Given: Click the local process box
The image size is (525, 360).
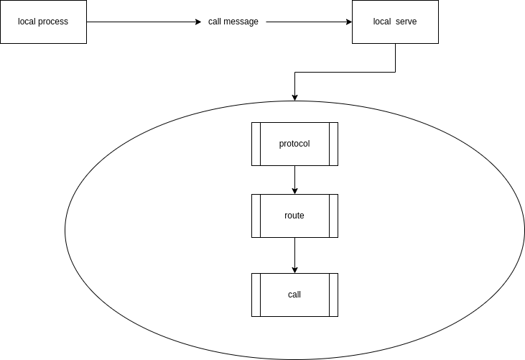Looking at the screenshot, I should [x=43, y=22].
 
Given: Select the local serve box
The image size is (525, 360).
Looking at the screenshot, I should [x=394, y=22].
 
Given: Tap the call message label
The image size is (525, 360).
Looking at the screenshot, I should [x=233, y=22].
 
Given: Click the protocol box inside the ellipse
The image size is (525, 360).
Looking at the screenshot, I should [x=294, y=144].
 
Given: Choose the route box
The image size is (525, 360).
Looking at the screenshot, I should [x=294, y=216].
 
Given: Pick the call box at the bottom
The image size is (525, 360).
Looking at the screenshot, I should [x=294, y=295].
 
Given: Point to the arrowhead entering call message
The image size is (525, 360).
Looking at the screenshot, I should [x=199, y=22].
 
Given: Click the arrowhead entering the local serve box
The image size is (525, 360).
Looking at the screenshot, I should [x=348, y=22].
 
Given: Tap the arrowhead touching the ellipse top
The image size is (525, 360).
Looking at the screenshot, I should [x=294, y=97].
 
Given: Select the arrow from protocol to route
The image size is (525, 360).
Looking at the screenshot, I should [x=294, y=180].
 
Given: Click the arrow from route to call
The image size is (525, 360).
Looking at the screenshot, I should [x=294, y=255].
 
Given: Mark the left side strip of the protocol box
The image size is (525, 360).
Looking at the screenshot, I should [x=256, y=144].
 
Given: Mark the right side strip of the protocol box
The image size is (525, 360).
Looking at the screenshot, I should [x=333, y=144].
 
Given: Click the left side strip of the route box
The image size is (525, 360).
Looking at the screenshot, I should [x=256, y=216].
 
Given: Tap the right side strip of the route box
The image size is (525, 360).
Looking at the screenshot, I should [x=333, y=216].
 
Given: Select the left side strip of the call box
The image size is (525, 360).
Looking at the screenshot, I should [x=256, y=295].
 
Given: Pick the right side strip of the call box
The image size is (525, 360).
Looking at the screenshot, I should [x=333, y=295].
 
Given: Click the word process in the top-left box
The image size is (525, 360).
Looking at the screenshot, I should [x=53, y=22].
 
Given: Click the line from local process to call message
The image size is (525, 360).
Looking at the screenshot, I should [x=144, y=22].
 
